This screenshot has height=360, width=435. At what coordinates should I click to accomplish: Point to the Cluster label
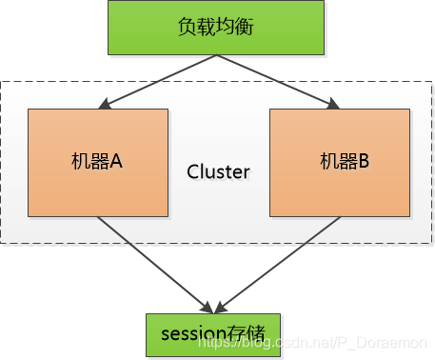pos(218,172)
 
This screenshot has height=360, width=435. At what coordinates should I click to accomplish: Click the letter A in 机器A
pos(116,162)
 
